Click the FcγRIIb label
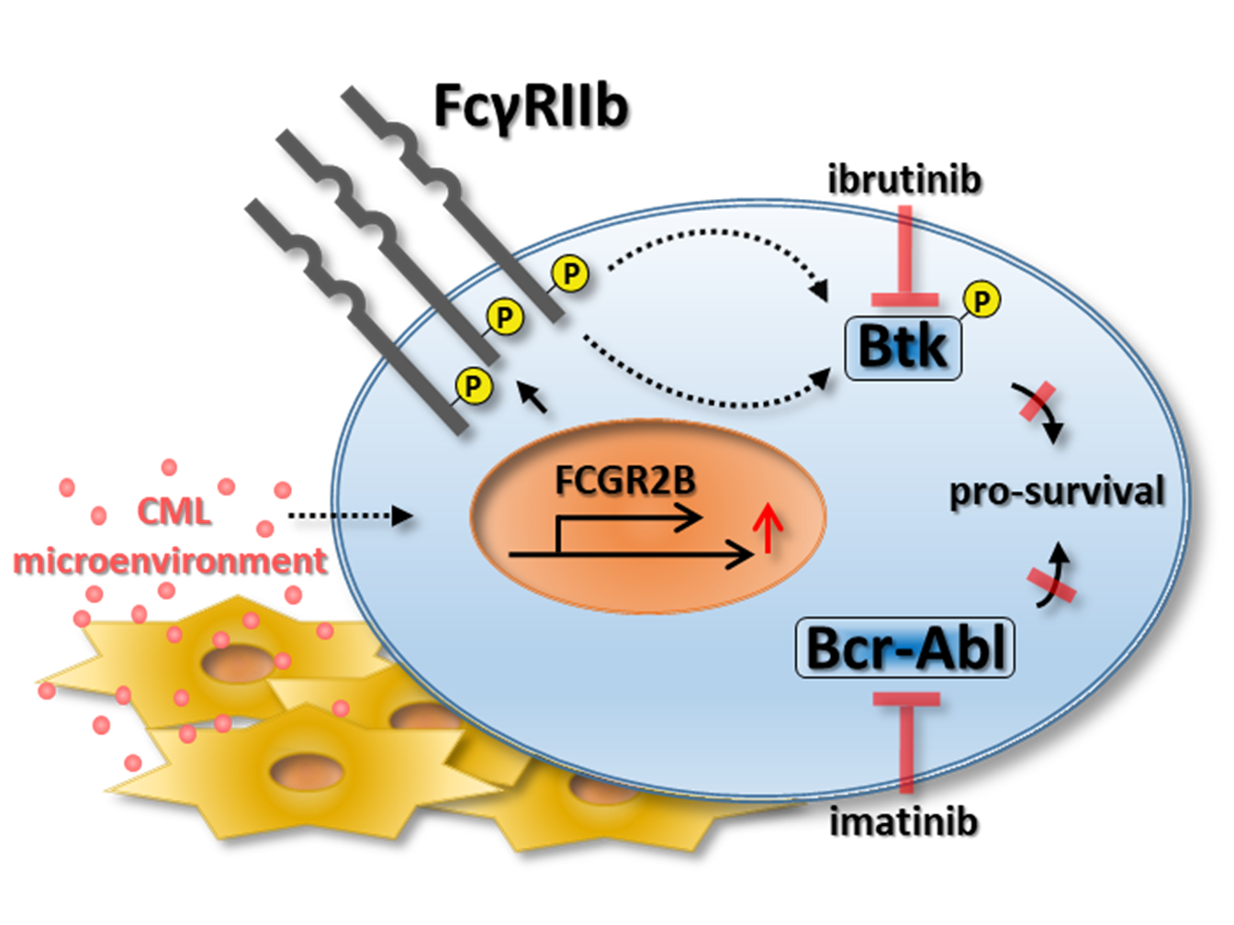click(x=531, y=107)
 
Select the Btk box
click(x=903, y=348)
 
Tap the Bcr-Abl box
click(x=904, y=648)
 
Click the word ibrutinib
click(x=904, y=179)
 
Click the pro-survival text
click(x=1057, y=492)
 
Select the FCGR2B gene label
click(x=625, y=480)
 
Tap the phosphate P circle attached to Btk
click(x=982, y=300)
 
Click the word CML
click(x=174, y=511)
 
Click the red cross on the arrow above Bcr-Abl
click(x=1050, y=585)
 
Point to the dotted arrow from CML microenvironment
click(x=350, y=516)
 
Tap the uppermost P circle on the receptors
click(x=570, y=273)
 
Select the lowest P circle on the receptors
click(x=473, y=385)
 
